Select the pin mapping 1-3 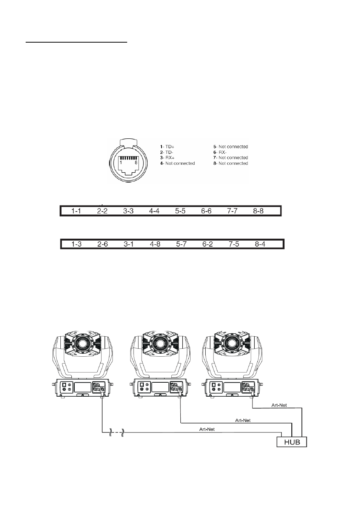point(76,244)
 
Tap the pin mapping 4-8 point(155,244)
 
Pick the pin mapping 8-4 point(260,244)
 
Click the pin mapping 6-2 point(208,244)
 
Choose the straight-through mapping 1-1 point(76,211)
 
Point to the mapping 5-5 point(180,211)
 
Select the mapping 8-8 point(258,211)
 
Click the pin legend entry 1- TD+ point(167,147)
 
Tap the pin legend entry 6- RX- point(220,152)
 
